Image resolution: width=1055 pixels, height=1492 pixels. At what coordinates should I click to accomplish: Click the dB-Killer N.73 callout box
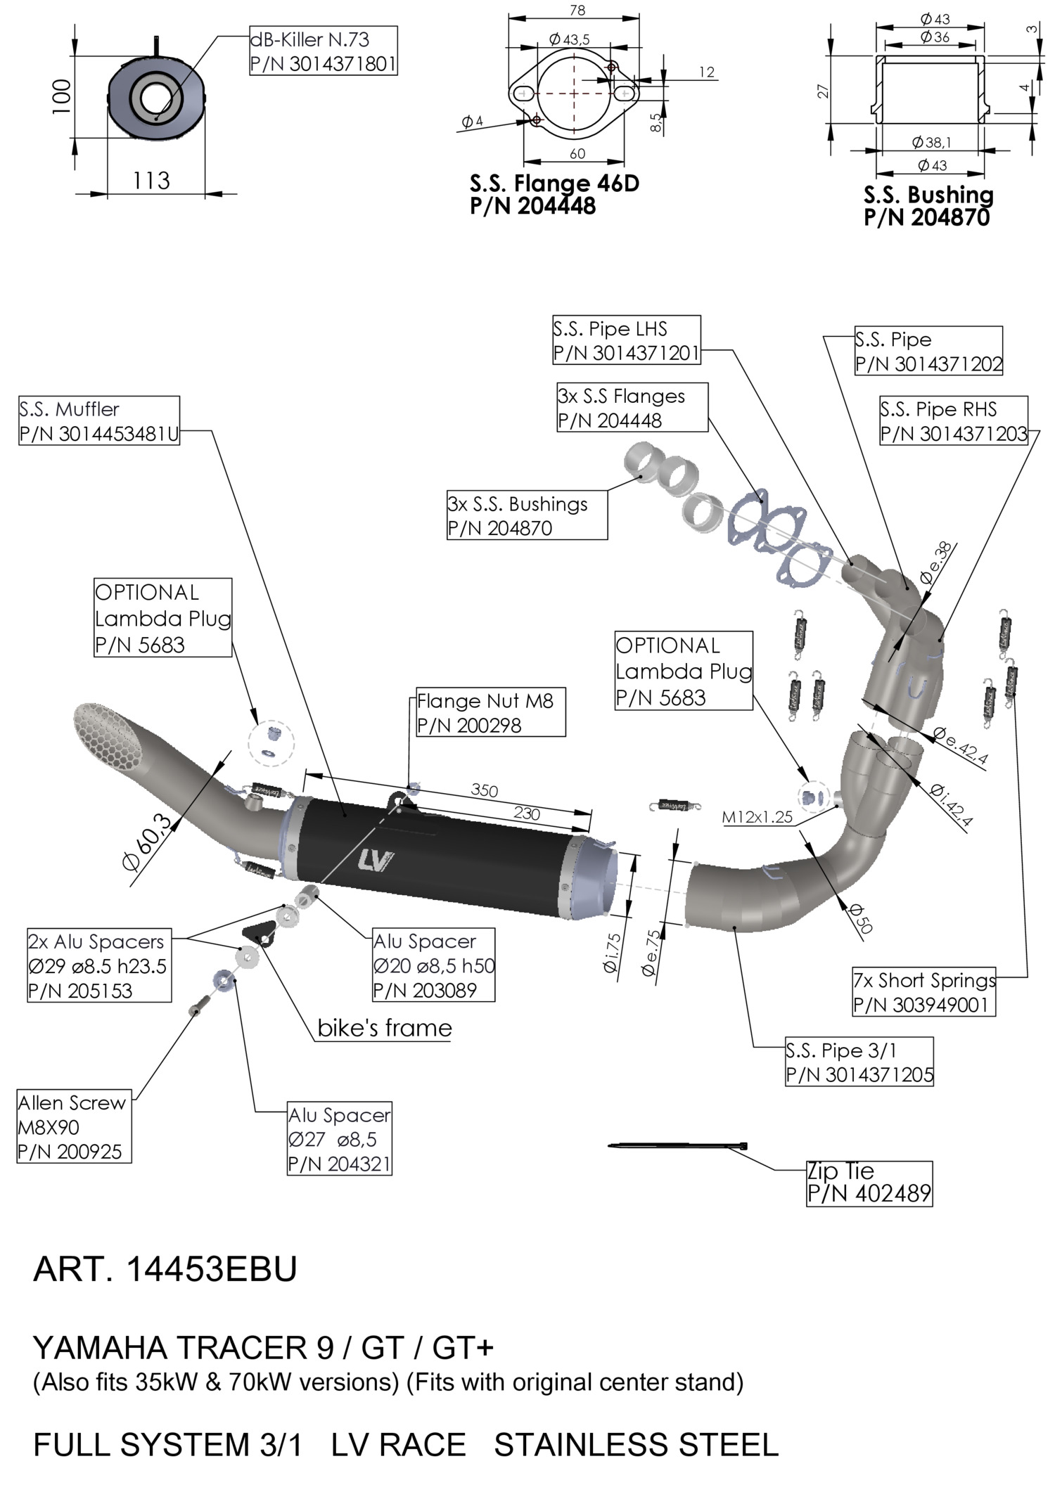click(324, 51)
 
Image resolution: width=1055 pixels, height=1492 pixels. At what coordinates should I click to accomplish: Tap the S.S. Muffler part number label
click(99, 421)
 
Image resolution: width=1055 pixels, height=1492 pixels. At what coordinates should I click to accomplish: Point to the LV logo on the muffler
click(376, 861)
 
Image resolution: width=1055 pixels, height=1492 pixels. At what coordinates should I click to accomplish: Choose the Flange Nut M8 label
click(490, 713)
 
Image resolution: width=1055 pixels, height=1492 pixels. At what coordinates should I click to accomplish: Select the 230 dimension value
click(526, 813)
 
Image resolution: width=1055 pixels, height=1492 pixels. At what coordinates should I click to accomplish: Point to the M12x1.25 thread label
click(757, 817)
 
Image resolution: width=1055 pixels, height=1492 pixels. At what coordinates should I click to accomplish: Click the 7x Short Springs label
click(923, 992)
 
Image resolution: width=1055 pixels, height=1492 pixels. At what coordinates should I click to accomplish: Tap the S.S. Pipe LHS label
click(626, 340)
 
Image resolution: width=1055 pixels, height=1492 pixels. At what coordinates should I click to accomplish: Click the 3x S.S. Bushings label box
click(527, 516)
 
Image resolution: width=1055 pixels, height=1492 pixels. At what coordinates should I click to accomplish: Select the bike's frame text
click(384, 1028)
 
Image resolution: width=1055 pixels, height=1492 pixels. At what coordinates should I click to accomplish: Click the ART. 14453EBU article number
click(165, 1269)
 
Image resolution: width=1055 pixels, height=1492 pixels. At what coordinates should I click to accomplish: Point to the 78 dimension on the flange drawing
click(577, 11)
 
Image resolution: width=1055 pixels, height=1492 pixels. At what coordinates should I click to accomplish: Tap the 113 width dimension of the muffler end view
click(151, 181)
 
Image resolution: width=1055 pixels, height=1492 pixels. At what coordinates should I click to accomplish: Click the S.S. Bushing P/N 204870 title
click(928, 206)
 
